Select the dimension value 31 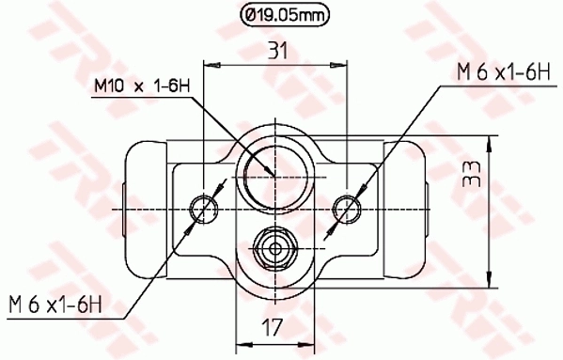click(x=276, y=52)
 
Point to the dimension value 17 click(x=274, y=328)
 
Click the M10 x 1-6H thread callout click(x=142, y=86)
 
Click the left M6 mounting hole click(x=204, y=207)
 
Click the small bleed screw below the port click(x=274, y=249)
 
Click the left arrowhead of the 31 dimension click(x=210, y=65)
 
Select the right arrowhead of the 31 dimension click(x=341, y=65)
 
